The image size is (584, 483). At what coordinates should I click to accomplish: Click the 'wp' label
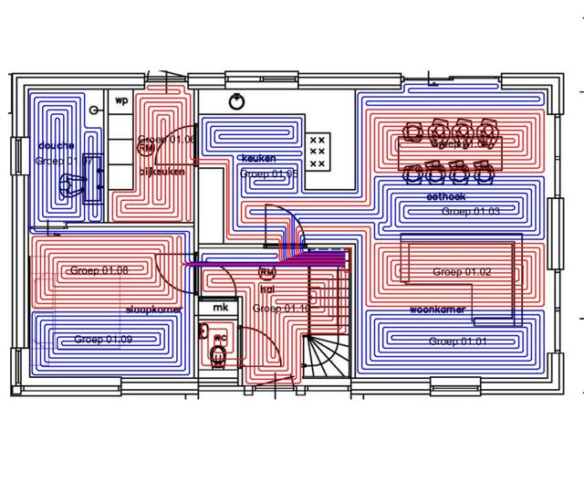coord(121,100)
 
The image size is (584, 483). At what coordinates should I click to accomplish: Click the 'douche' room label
coord(57,145)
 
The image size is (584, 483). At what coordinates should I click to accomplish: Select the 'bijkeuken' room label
coord(162,171)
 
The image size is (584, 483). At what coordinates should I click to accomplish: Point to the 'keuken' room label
coord(256,158)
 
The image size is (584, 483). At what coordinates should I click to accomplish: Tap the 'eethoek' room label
coord(445,196)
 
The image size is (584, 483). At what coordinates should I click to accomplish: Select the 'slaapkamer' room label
coord(153,310)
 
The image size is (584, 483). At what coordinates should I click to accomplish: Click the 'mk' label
coord(220,309)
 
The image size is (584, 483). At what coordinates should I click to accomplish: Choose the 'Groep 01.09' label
coord(103,340)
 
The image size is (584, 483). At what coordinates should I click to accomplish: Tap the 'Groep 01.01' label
coord(459,341)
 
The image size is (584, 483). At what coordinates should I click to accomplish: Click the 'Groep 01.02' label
coord(462,272)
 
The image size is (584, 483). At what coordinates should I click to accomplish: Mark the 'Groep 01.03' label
coord(471,212)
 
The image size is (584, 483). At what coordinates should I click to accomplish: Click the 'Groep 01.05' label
coord(269,173)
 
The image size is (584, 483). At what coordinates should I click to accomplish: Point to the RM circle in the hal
coord(267,272)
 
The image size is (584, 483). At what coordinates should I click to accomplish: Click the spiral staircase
coord(323,354)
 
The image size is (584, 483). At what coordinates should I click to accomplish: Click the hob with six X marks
coord(318,152)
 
